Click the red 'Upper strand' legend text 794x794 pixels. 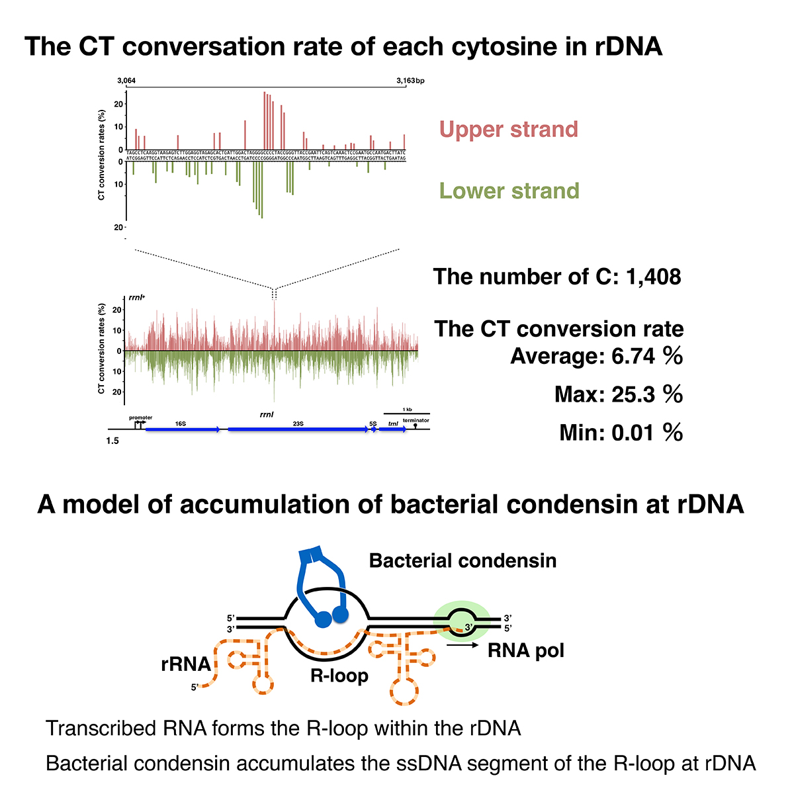point(508,129)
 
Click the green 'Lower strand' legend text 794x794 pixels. point(509,191)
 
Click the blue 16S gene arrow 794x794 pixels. point(183,429)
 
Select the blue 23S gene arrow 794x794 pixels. point(298,429)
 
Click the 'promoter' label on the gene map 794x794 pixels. point(141,418)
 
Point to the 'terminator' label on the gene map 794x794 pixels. point(416,421)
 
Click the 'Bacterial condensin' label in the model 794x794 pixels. point(463,561)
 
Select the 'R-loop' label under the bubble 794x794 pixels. point(339,676)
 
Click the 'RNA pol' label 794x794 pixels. point(526,650)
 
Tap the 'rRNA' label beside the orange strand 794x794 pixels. point(186,664)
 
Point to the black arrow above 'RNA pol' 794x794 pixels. point(463,642)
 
